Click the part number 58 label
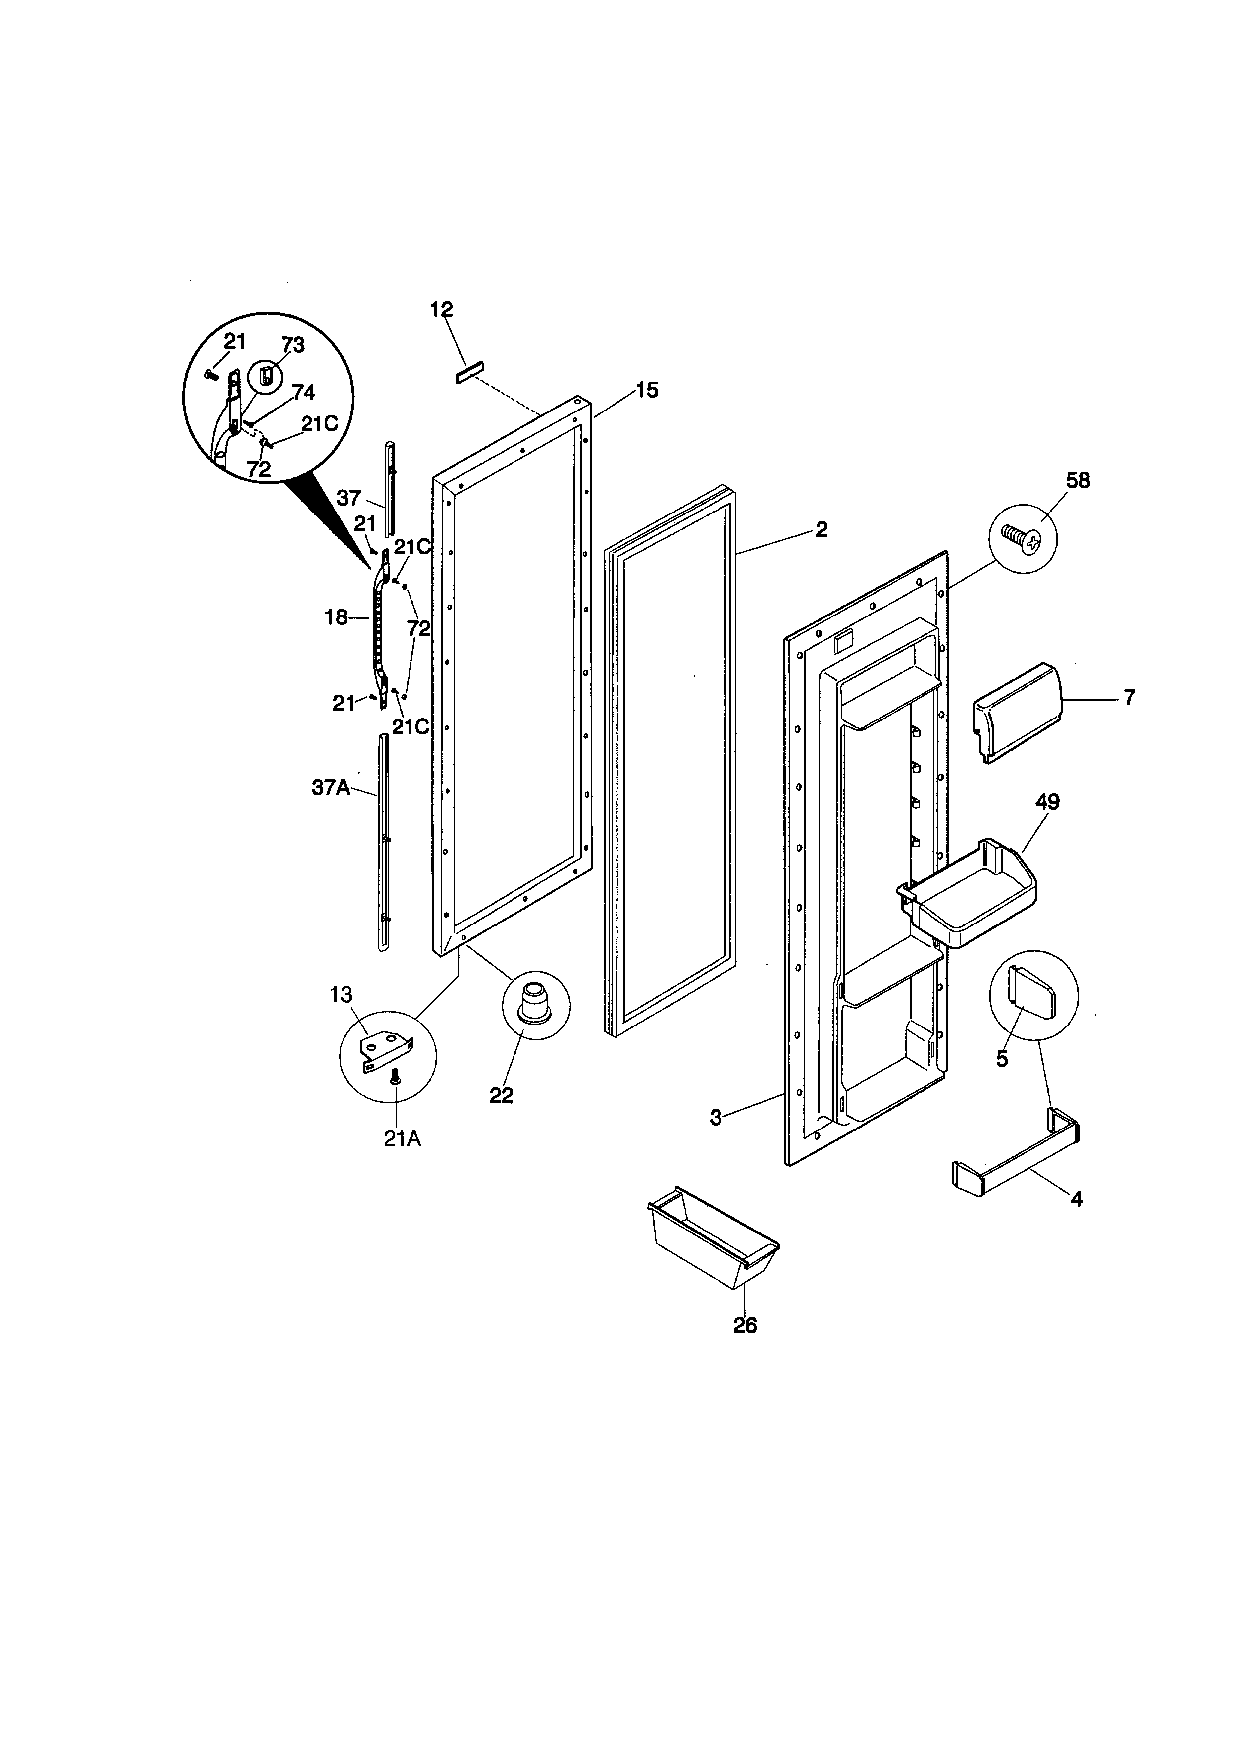pyautogui.click(x=1077, y=481)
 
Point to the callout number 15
pyautogui.click(x=647, y=391)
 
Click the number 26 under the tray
pyautogui.click(x=745, y=1325)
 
